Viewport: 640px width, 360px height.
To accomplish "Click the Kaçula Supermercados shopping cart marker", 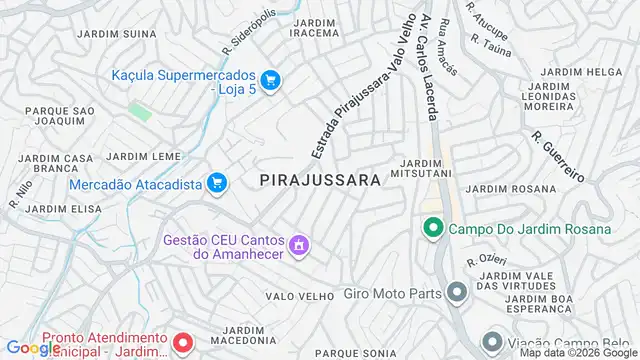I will click(x=269, y=80).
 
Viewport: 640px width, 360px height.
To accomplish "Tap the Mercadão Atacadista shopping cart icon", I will click(x=217, y=182).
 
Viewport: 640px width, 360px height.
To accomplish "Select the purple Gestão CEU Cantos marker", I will click(x=297, y=244).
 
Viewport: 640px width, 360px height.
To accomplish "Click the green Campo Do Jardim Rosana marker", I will click(x=433, y=229).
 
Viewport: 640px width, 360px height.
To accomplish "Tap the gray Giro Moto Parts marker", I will click(x=457, y=292).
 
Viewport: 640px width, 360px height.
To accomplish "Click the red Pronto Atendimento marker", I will click(x=182, y=343).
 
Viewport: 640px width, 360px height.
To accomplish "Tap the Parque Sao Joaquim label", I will click(x=59, y=115).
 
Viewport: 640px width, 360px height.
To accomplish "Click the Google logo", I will click(x=33, y=347).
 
